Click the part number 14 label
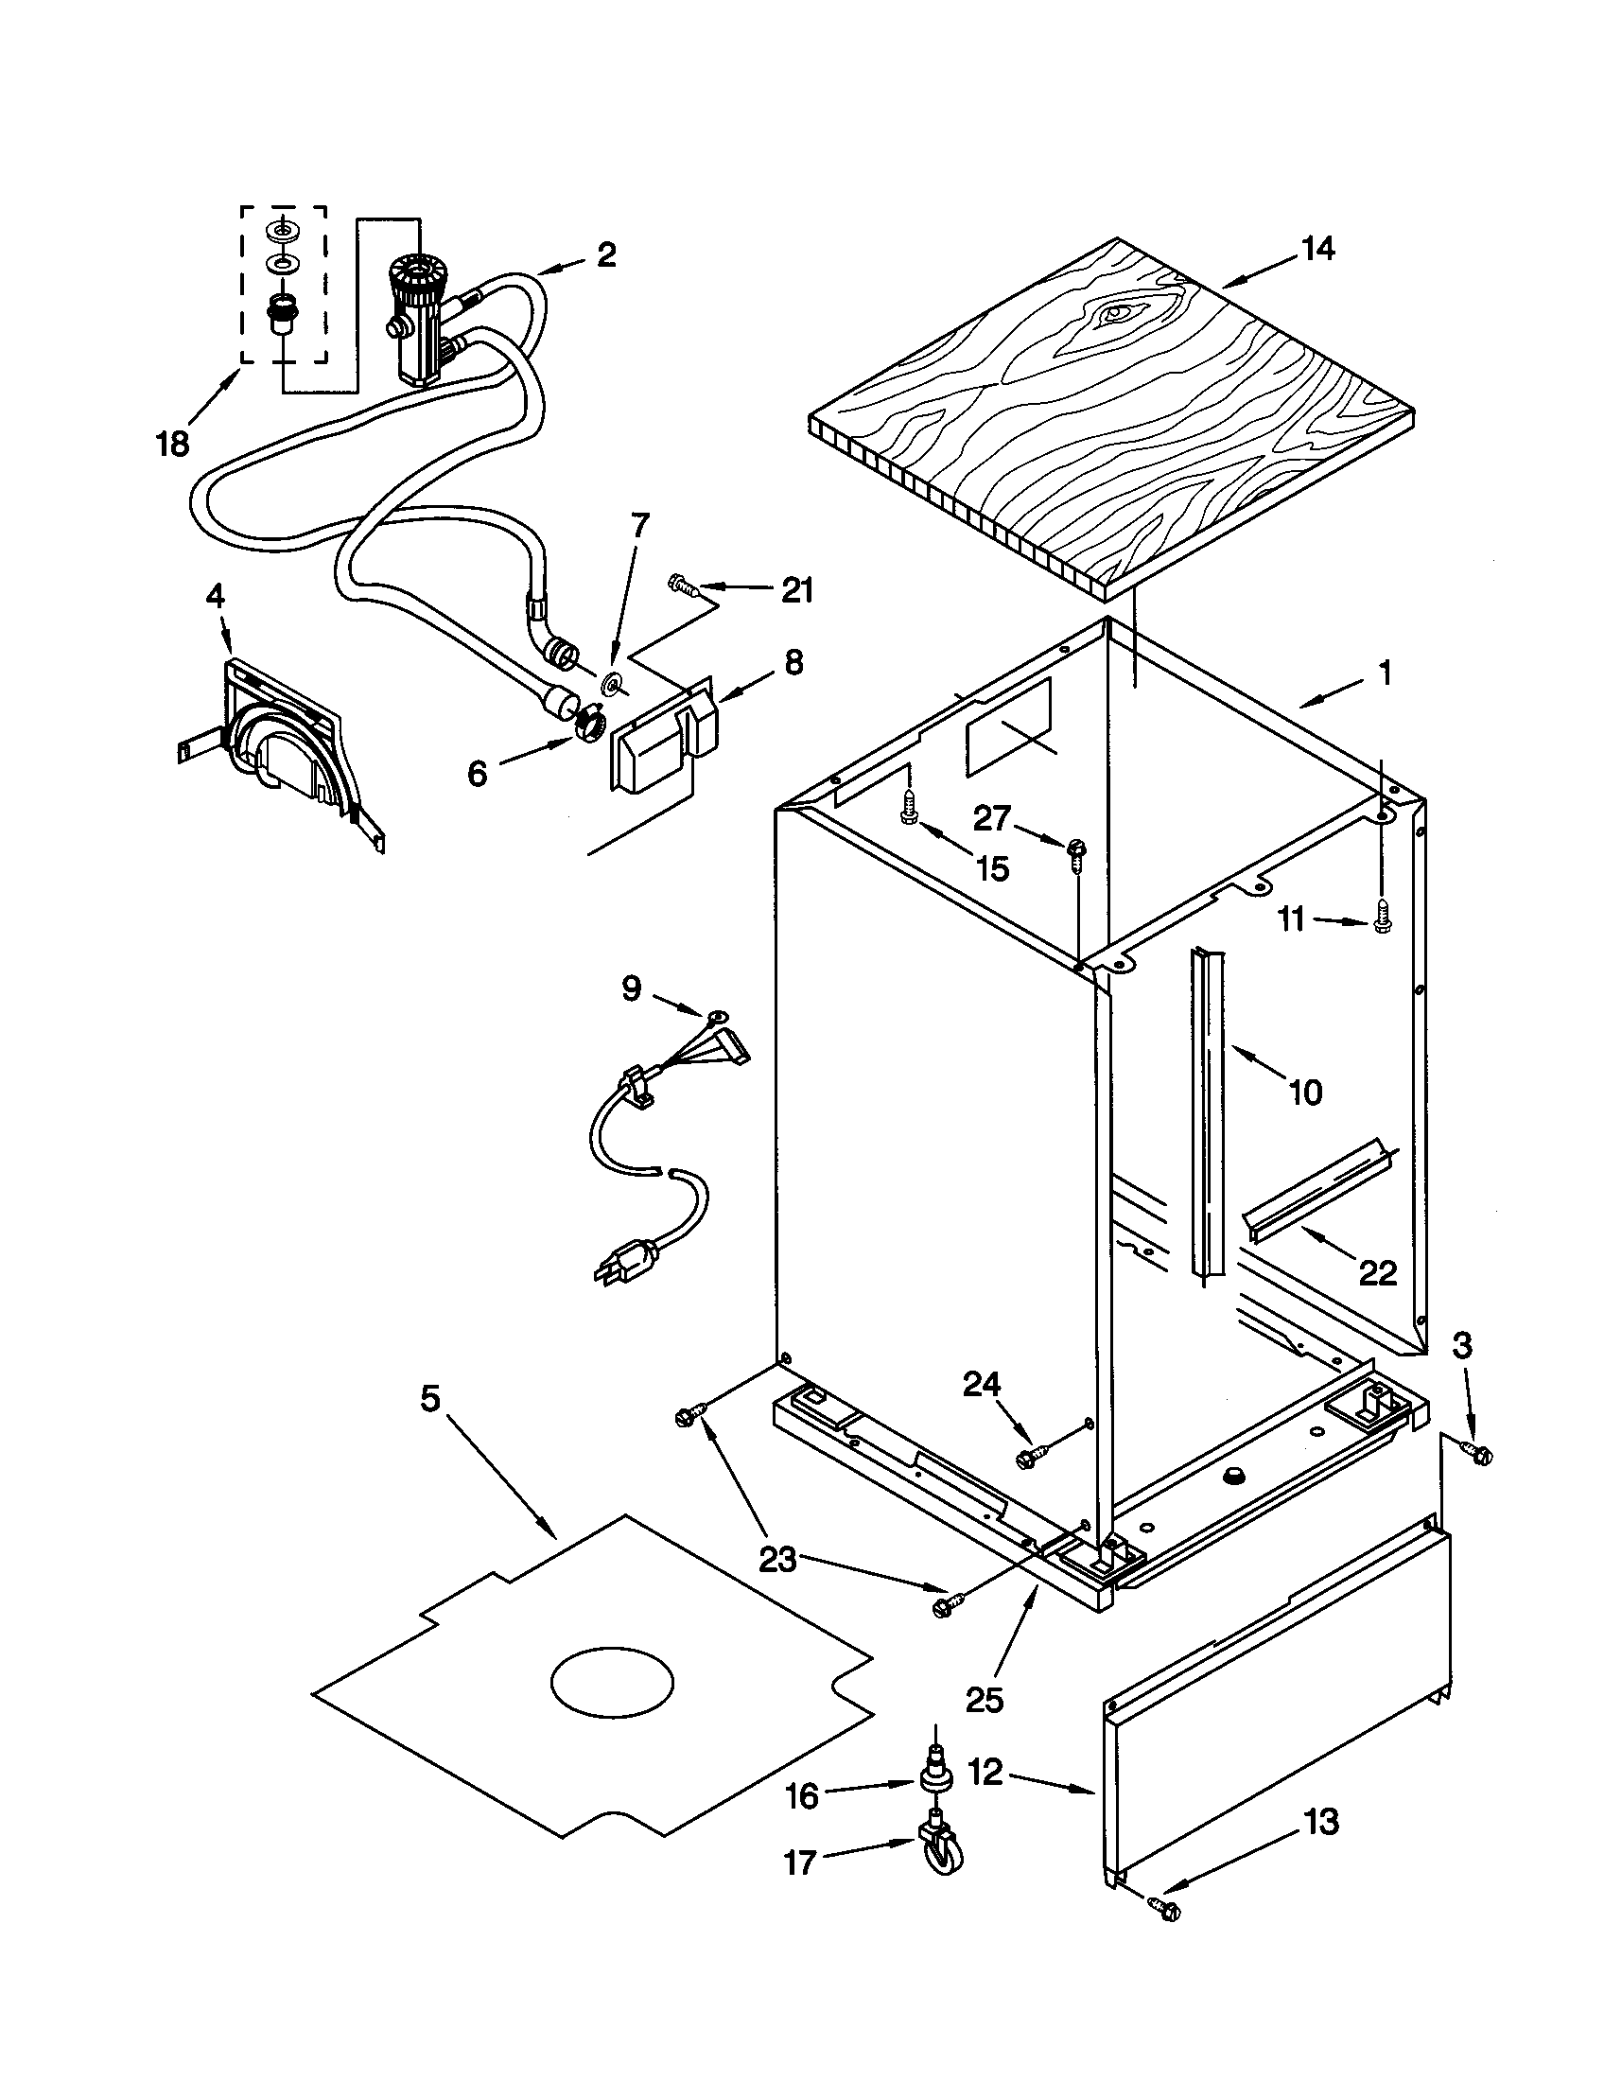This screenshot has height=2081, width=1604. click(x=1318, y=250)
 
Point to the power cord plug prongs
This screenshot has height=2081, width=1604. click(x=606, y=1268)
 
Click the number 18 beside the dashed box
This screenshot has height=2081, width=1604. click(x=173, y=444)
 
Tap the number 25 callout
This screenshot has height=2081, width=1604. click(x=985, y=1700)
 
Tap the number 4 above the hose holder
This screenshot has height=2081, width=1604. click(x=216, y=598)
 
